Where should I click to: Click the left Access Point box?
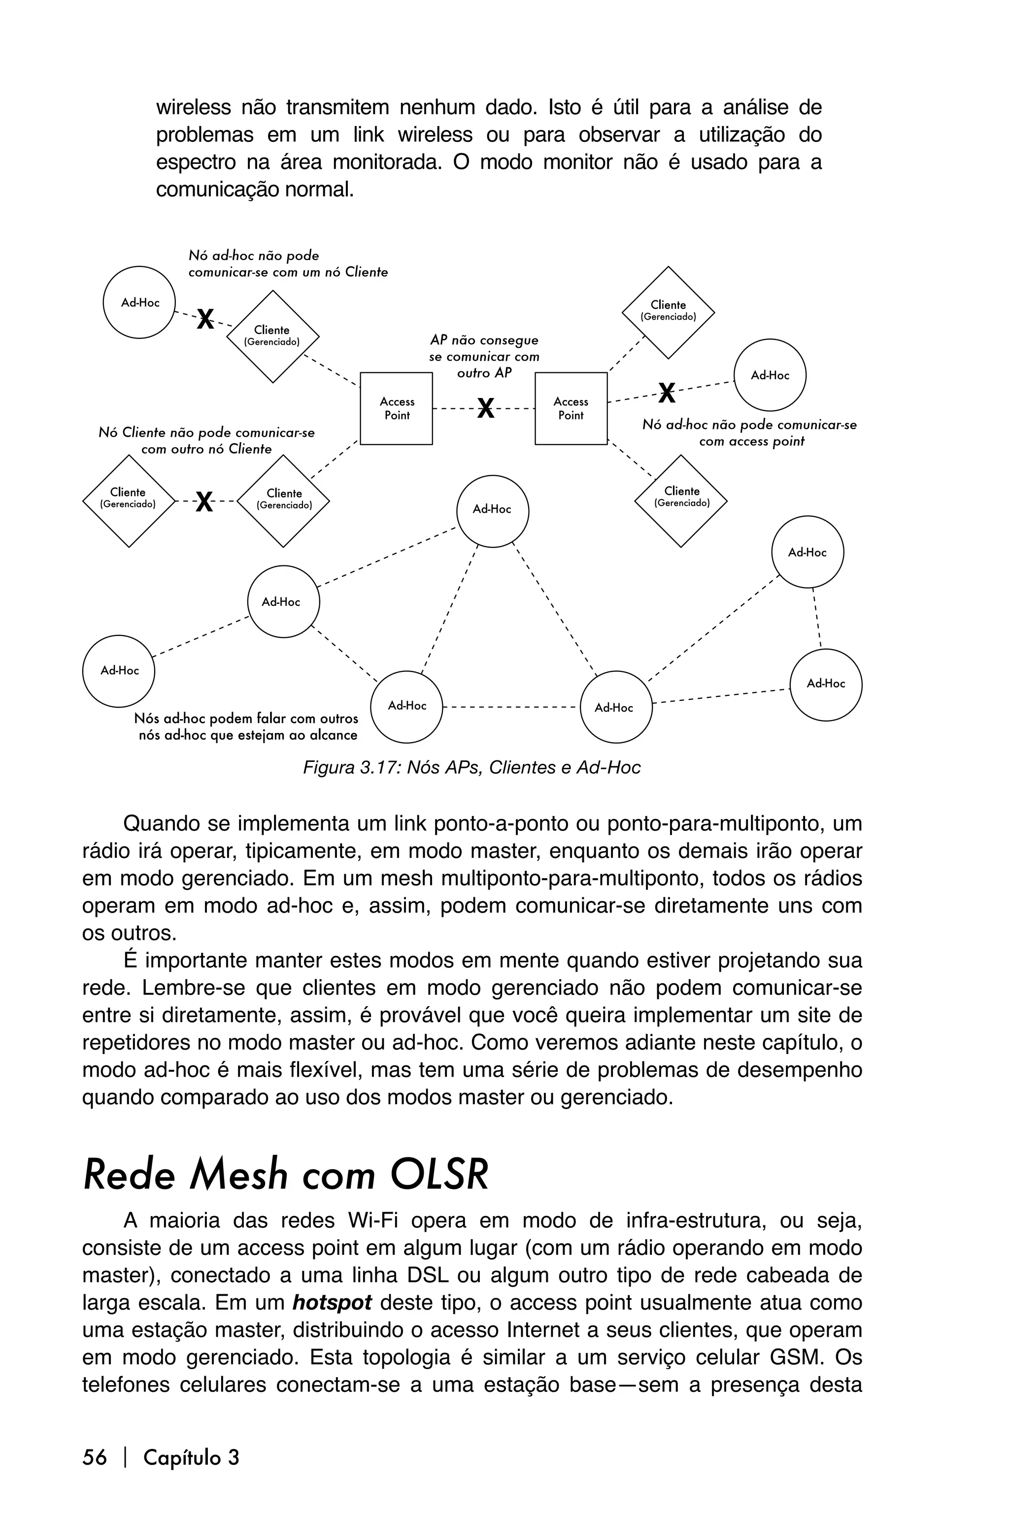397,408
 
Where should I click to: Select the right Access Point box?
571,408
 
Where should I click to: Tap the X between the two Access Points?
486,408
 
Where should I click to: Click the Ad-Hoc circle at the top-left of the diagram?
139,302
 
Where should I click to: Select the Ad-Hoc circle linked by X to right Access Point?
770,375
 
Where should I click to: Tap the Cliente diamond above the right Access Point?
668,312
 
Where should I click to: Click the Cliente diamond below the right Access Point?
681,500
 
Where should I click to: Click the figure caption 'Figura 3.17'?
471,767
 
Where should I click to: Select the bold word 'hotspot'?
332,1303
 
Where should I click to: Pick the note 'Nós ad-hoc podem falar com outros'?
246,718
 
